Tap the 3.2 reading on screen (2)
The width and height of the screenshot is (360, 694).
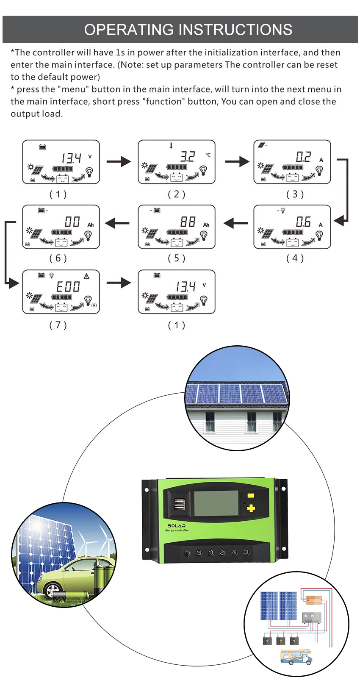[x=188, y=157]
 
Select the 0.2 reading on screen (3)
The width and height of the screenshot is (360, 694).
[x=303, y=157]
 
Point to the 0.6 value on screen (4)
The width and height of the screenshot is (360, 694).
[x=303, y=222]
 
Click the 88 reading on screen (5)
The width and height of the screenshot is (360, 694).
[x=188, y=222]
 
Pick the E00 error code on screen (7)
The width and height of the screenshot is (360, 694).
[x=68, y=287]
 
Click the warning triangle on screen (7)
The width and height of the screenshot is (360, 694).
[x=86, y=276]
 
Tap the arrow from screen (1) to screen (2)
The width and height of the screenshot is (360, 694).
[x=119, y=161]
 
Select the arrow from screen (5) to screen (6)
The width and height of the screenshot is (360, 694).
[x=117, y=223]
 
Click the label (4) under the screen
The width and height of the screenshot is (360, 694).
[x=295, y=258]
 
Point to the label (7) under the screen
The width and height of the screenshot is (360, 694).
[x=58, y=325]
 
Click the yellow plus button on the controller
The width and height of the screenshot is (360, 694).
[x=251, y=508]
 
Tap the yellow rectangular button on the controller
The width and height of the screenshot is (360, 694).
[x=251, y=496]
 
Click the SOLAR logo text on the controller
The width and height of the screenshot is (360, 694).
[x=177, y=526]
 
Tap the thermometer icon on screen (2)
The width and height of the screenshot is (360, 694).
[x=171, y=145]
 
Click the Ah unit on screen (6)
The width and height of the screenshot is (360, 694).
[x=91, y=225]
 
